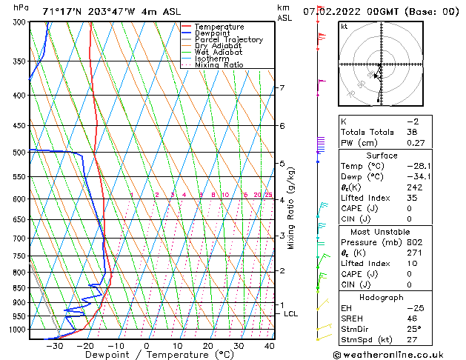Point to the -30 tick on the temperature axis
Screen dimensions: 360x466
pos(53,346)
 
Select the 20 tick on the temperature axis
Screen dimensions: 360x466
pos(207,346)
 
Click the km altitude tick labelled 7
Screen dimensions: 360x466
pos(282,88)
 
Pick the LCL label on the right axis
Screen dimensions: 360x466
pos(291,314)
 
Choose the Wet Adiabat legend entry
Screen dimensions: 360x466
pos(219,53)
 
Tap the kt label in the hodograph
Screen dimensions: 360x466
pos(344,27)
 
